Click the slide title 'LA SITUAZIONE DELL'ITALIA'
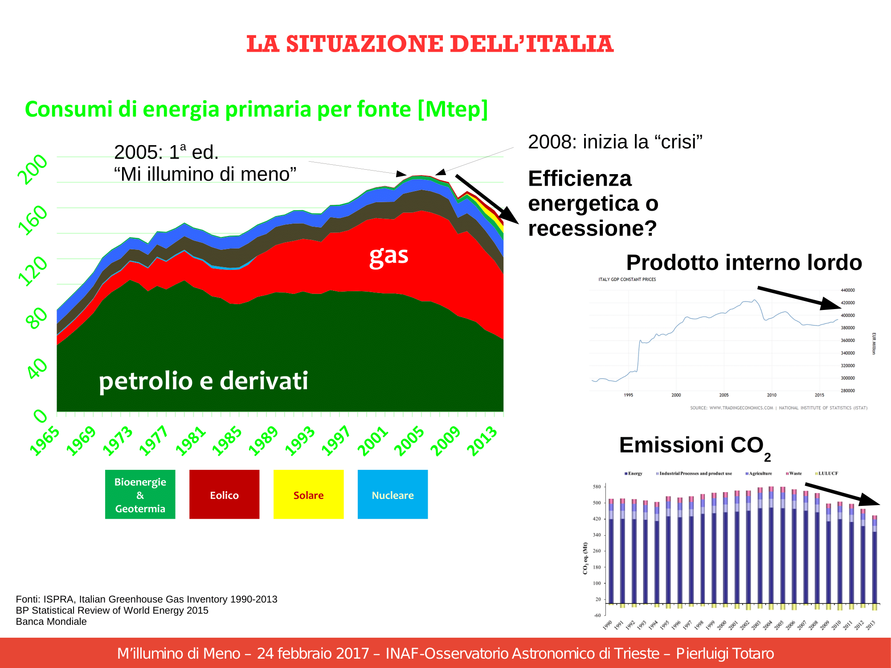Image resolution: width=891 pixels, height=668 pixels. point(430,44)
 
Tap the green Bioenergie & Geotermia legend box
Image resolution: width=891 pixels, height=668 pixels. point(140,494)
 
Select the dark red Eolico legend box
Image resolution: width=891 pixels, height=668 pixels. point(224,494)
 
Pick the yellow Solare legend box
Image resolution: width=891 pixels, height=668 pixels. point(308,494)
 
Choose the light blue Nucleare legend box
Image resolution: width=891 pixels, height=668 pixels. point(392,494)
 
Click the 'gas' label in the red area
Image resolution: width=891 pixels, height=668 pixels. point(389,256)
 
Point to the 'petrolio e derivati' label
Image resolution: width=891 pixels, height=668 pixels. point(203,381)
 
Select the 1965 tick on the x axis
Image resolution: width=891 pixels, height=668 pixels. point(45,441)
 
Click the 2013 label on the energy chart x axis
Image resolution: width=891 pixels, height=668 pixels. point(482,441)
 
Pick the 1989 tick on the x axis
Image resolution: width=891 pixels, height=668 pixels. point(263,441)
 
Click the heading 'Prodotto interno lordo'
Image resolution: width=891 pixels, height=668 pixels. point(744,262)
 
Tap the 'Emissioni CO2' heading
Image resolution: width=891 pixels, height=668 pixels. point(694,446)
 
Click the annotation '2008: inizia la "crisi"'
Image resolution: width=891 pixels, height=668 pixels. point(615,142)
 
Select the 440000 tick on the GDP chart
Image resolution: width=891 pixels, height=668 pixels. point(847,290)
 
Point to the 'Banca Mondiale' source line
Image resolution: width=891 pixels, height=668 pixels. point(51,622)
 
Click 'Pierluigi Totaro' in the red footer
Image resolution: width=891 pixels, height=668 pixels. point(725,653)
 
